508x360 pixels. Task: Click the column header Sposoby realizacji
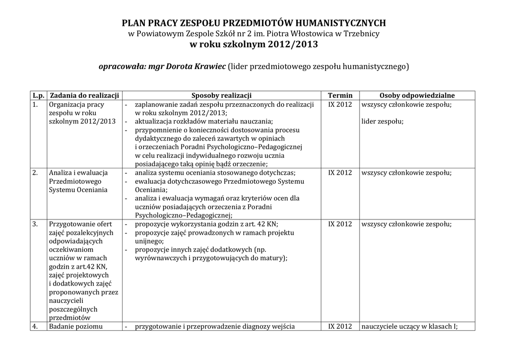[221, 95]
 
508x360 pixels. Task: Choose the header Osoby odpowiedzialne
[417, 95]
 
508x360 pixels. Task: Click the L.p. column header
[38, 95]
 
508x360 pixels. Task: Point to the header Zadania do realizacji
[84, 95]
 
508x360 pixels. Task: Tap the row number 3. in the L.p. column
[35, 224]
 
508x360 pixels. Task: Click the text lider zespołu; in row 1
[382, 121]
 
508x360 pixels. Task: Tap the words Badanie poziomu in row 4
[75, 326]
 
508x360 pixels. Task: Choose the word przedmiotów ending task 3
[69, 318]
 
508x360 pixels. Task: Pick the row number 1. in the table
[35, 104]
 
